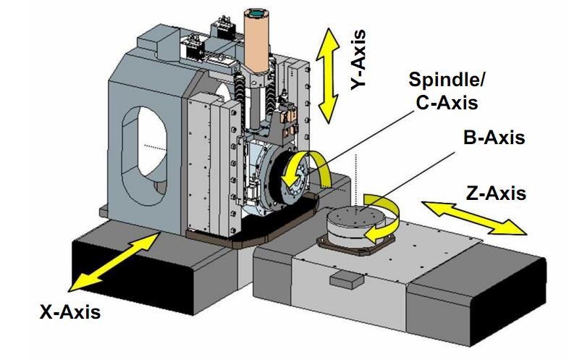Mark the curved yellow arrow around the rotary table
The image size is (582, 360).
[384, 217]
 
